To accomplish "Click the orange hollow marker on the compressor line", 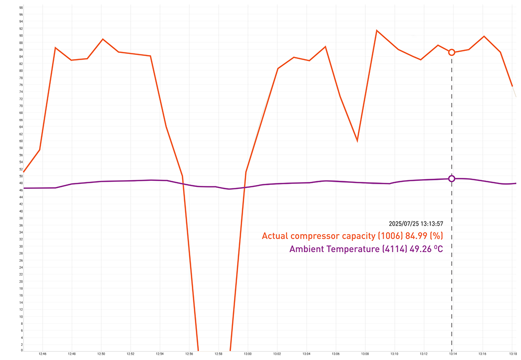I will [451, 52].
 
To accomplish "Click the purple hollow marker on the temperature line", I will [451, 179].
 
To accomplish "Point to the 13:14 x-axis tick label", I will [453, 354].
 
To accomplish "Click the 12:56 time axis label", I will [189, 354].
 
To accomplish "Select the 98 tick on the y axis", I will [20, 8].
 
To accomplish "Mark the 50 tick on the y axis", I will [20, 176].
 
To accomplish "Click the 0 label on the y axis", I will [21, 350].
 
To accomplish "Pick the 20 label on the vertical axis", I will [20, 281].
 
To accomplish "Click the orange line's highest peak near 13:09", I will [377, 31].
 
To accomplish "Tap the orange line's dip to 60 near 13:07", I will [357, 141].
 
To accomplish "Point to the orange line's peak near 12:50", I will [103, 39].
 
